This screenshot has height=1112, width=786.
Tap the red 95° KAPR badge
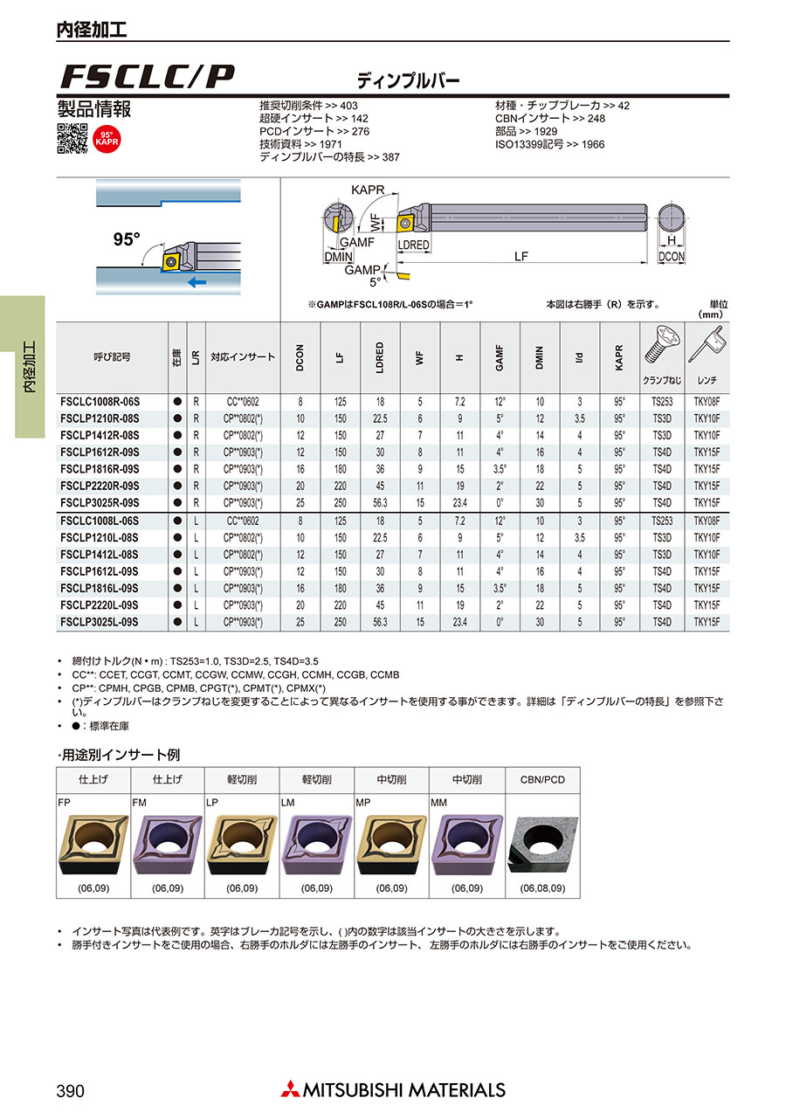point(106,139)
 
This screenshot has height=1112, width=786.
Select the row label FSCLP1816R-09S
point(100,469)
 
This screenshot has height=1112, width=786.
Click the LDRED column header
point(380,357)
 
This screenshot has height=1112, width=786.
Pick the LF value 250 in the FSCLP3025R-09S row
point(341,503)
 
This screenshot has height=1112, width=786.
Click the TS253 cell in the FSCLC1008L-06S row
point(662,521)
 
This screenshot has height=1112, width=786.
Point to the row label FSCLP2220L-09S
point(100,605)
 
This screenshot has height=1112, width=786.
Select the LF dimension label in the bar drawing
point(521,256)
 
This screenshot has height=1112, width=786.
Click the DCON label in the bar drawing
point(671,257)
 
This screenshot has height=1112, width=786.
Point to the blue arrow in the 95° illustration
point(198,282)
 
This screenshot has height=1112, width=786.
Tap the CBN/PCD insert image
point(542,845)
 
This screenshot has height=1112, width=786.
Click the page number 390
point(70,1091)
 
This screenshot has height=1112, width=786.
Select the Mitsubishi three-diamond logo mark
point(289,1089)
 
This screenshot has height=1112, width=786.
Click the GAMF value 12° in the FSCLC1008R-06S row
point(500,402)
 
